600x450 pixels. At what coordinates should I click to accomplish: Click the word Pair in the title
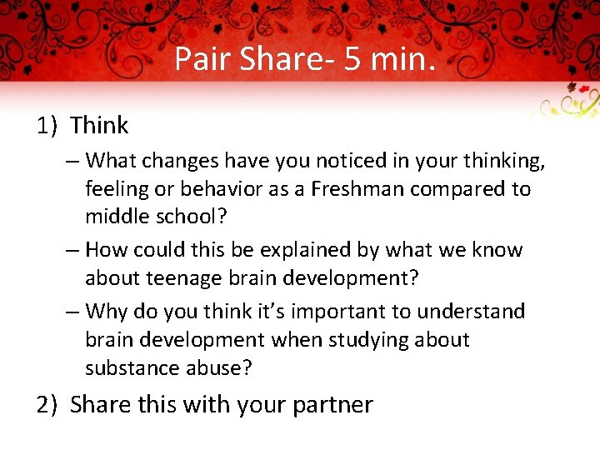pos(202,59)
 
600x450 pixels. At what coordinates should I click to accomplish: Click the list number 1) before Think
pos(47,126)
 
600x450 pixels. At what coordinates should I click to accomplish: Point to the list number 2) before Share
pos(47,405)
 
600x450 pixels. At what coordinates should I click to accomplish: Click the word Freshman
pos(359,189)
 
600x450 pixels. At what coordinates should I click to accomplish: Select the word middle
pos(117,217)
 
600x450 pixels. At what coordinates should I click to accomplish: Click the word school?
pos(188,217)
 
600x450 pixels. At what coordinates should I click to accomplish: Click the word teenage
pos(184,278)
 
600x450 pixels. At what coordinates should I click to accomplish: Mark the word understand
pos(472,312)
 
